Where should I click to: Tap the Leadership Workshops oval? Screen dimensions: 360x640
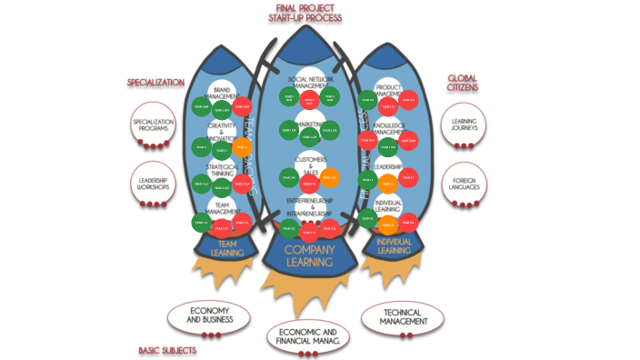point(152,185)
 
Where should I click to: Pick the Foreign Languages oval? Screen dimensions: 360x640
point(465,185)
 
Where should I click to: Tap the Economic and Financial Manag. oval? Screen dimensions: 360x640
point(308,335)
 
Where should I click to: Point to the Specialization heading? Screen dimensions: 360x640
point(155,83)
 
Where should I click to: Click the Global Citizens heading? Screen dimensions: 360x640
point(463,84)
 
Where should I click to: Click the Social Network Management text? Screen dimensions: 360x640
point(311,83)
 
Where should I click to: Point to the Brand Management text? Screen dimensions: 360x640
point(221,92)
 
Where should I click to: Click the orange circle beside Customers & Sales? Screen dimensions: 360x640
point(329,177)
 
